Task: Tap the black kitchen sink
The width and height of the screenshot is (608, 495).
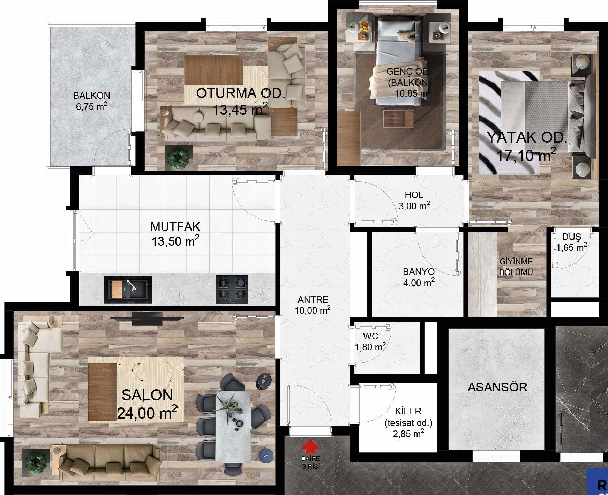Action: point(128,289)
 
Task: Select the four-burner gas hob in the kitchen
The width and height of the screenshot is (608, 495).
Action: point(232,289)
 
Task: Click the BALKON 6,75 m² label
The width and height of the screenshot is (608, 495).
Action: point(91,101)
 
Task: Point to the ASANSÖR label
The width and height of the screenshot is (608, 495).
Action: point(497,387)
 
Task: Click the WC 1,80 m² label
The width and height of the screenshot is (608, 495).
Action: point(370,342)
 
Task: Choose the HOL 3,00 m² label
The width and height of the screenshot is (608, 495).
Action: point(414,200)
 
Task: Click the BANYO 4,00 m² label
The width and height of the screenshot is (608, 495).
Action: point(419,277)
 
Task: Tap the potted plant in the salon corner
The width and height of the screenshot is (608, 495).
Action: point(35,461)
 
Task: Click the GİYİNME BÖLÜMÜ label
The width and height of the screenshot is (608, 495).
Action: point(516,267)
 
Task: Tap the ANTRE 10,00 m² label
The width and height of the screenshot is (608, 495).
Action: point(313,305)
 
